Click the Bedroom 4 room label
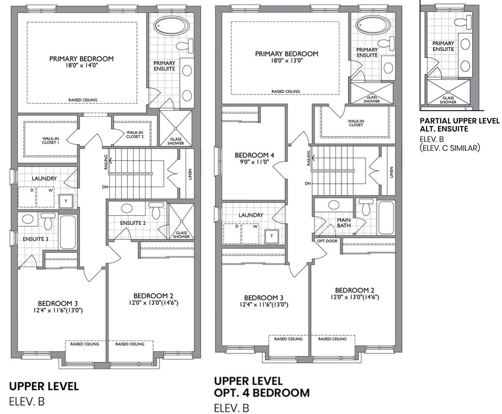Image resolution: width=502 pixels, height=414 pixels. point(254,155)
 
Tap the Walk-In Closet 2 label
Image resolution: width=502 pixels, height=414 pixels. point(135,135)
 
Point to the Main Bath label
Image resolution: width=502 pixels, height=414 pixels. point(344,222)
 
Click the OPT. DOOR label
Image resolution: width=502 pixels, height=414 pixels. point(327,241)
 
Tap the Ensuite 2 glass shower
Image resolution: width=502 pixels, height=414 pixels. point(181,221)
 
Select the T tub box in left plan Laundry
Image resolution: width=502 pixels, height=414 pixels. point(66,201)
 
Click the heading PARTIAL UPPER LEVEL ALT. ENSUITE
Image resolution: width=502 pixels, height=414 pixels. point(459,125)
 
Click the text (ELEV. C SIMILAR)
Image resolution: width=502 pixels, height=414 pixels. point(450,147)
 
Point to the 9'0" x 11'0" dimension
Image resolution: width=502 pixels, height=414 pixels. point(254,162)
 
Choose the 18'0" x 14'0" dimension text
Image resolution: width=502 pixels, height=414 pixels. point(81,65)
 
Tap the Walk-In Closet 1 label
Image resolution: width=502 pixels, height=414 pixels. point(51,140)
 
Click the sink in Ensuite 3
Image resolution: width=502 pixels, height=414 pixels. point(27,219)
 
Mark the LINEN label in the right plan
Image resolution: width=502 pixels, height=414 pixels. point(391,172)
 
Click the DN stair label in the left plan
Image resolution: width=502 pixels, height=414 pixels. point(105,187)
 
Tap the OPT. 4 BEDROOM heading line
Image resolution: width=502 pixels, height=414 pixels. point(262,393)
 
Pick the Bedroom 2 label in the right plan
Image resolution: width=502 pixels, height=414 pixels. point(355,290)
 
